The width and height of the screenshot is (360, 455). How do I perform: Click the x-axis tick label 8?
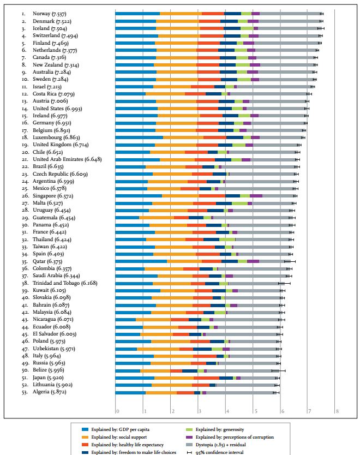pyautogui.click(x=337, y=411)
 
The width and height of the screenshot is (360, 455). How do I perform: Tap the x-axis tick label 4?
pyautogui.click(x=227, y=411)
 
